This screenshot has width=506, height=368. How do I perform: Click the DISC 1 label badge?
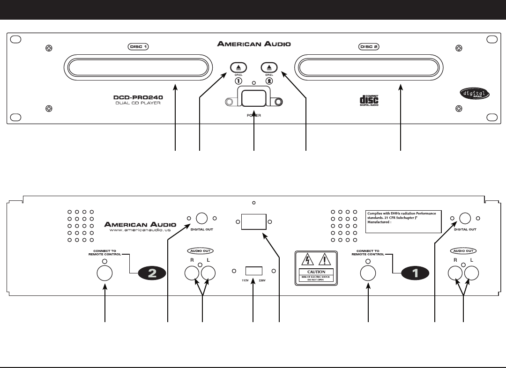coord(139,47)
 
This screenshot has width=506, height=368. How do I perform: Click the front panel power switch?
coord(253,100)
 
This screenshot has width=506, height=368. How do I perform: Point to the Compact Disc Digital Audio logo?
coord(369,100)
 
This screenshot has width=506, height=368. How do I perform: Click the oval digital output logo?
coord(474,94)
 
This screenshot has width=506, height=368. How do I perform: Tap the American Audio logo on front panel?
coord(253,44)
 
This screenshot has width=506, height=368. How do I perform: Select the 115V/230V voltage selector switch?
coord(253,271)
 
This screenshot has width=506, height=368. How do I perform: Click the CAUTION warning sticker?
coord(316,266)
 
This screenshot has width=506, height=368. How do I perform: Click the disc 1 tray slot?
coord(139,66)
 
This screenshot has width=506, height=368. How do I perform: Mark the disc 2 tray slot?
coord(368,66)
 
